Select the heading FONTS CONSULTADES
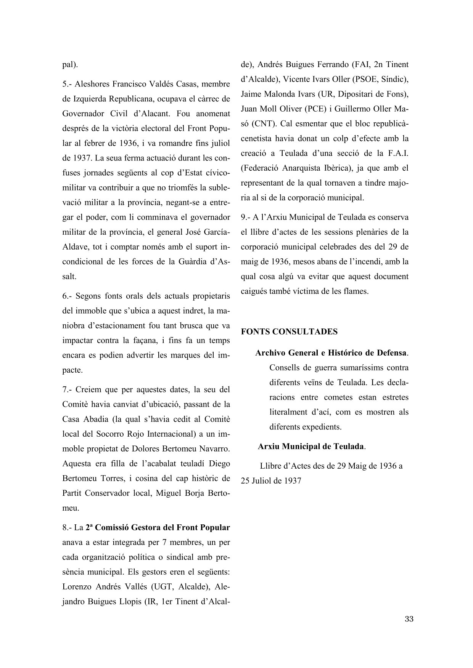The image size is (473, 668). pyautogui.click(x=289, y=332)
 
